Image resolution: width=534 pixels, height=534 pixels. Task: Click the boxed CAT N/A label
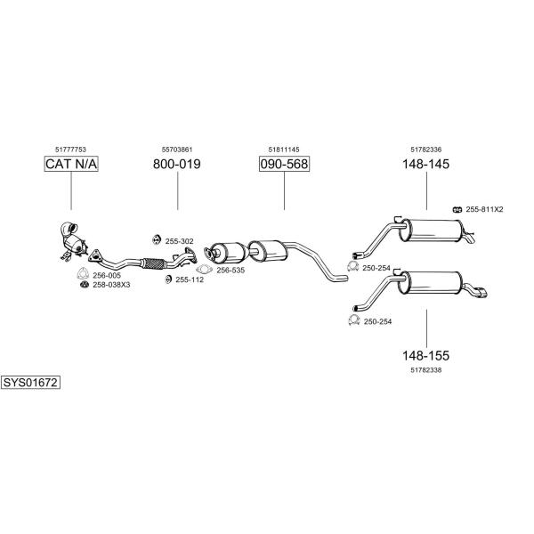71,164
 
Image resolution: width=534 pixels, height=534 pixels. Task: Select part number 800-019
177,164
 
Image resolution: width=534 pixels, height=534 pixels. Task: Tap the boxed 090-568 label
284,164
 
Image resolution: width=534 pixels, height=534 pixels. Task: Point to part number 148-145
426,164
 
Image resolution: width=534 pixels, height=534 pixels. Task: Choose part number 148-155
426,355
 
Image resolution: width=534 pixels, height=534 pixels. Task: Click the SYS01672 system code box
30,383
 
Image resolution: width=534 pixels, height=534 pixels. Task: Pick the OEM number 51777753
70,150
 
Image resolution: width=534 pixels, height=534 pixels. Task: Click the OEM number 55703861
177,150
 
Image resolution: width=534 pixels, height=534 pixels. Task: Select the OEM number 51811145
284,150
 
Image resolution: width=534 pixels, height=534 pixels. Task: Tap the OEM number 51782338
426,370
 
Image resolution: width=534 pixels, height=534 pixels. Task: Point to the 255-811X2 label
484,209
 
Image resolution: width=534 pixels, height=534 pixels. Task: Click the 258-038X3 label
111,285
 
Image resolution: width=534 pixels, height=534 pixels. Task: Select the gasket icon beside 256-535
204,270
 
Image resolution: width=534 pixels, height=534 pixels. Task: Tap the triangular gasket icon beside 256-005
82,274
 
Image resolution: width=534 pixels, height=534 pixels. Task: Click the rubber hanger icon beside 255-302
157,239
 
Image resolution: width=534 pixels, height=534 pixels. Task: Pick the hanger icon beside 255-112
168,279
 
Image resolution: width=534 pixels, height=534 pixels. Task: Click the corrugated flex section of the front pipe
154,263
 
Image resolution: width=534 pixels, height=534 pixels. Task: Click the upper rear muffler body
431,231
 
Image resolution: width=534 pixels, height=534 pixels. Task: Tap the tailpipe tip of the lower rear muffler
481,293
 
